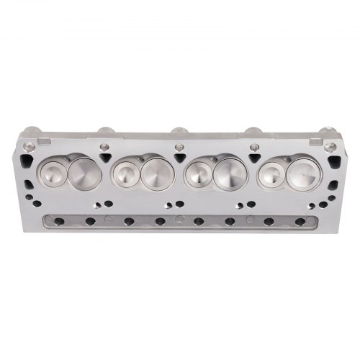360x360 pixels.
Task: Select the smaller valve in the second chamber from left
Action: click(125, 174)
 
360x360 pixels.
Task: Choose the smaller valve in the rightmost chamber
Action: click(271, 174)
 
